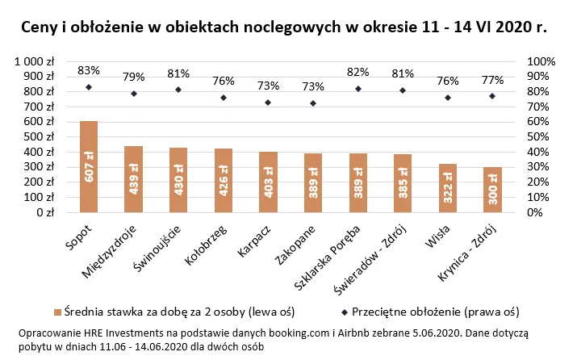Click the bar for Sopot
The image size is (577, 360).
tap(89, 166)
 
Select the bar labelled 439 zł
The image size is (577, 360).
tap(133, 179)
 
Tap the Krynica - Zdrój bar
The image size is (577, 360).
tap(492, 190)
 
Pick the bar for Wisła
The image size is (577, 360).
tap(448, 188)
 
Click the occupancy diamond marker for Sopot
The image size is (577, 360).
tap(89, 87)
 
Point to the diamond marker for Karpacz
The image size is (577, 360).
tap(268, 103)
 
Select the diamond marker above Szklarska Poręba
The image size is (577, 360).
tap(357, 89)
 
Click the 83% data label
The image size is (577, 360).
tap(89, 71)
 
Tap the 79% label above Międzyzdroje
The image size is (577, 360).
tap(134, 77)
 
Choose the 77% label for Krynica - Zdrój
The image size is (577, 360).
tap(492, 81)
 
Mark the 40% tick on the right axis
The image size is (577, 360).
tap(540, 153)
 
